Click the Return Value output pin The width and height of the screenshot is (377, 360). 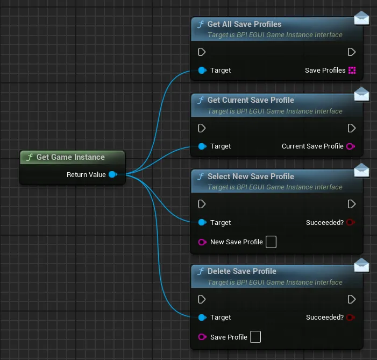point(113,174)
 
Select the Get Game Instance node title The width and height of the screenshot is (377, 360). point(70,157)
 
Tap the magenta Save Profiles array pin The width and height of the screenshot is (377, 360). point(352,70)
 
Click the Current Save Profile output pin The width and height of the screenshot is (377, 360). point(351,146)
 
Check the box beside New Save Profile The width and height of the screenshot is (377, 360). point(271,242)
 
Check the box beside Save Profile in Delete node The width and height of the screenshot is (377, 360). point(255,337)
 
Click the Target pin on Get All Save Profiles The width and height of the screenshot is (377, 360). point(202,70)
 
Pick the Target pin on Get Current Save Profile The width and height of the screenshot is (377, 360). point(202,146)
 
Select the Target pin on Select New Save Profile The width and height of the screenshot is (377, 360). point(202,222)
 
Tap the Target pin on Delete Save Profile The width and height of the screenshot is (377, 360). point(202,317)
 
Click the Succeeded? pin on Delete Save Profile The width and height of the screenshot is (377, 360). point(351,317)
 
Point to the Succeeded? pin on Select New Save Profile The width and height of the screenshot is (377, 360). point(351,222)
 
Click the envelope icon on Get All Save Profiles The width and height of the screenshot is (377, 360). point(361,18)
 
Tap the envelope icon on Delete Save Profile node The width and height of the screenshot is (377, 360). point(361,265)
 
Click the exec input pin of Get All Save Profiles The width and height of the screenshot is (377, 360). point(202,52)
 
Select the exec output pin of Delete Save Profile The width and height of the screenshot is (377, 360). point(352,299)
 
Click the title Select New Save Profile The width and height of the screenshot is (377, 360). point(251,177)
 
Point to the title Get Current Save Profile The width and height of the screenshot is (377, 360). point(251,100)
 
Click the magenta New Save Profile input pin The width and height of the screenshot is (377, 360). point(202,242)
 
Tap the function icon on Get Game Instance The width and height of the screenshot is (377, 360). point(30,157)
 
